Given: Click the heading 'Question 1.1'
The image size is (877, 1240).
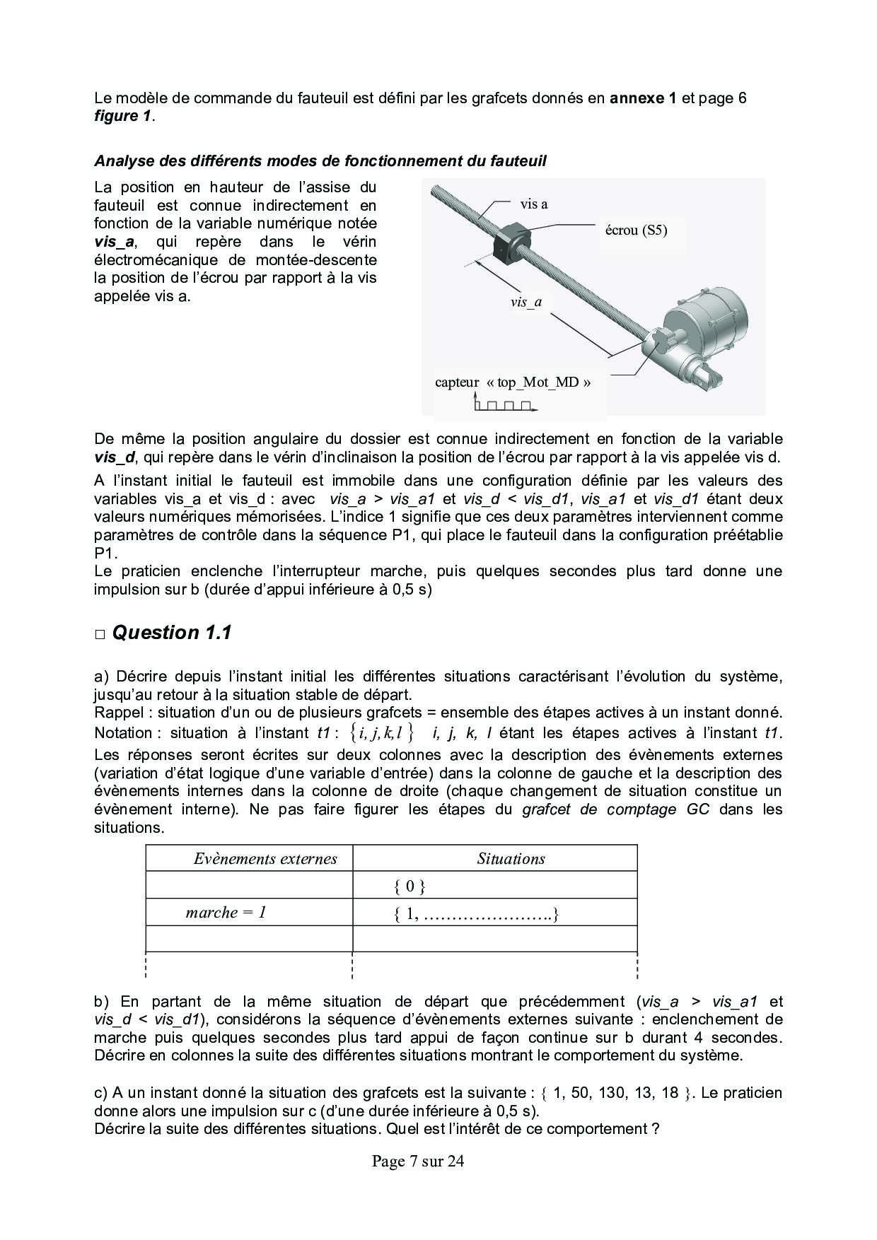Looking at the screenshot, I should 172,633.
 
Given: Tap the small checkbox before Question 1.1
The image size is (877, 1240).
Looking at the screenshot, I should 100,634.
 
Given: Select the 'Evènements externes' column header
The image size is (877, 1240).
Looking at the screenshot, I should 265,859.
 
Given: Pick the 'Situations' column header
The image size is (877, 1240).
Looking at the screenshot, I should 511,859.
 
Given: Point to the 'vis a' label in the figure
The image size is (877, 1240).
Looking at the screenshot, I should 534,204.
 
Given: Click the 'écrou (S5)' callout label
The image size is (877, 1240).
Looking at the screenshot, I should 637,230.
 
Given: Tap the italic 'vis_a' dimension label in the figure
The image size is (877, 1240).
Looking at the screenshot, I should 526,303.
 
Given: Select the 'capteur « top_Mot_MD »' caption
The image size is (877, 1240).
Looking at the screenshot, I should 513,382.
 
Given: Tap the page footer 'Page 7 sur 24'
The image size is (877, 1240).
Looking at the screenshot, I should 418,1161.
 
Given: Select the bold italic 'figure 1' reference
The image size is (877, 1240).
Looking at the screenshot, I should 122,116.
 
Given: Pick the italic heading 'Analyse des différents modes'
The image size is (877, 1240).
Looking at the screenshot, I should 320,161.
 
